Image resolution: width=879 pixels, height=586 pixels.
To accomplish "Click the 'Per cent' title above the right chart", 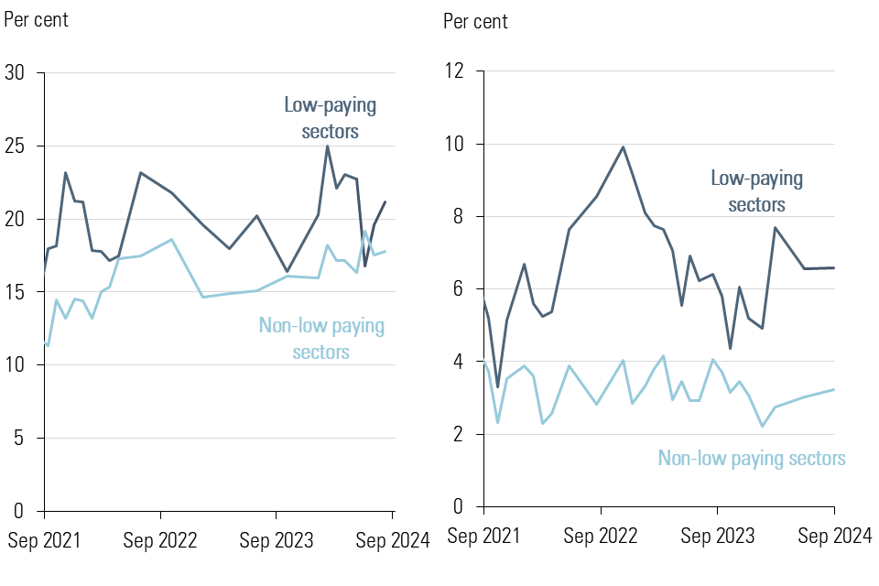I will click(x=475, y=21).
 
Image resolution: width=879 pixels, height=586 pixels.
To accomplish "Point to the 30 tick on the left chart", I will click(x=16, y=73).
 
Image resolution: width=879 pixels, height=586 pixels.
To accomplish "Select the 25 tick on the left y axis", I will click(x=16, y=146).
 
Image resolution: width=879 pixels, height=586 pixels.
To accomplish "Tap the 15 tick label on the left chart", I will click(x=16, y=292).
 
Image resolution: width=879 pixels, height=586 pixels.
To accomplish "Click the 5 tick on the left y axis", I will click(x=22, y=438).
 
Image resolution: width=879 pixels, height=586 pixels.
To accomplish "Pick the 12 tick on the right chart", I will click(x=455, y=72).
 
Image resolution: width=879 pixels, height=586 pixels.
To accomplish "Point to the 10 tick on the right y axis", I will click(x=455, y=145).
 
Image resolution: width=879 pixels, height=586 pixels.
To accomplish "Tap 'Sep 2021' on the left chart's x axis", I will click(x=44, y=541).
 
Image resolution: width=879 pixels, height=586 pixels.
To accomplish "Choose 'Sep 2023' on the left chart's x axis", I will click(x=277, y=541).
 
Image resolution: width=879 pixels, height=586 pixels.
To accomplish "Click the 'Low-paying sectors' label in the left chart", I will click(x=330, y=118).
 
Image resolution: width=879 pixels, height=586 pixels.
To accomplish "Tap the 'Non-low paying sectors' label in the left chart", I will click(x=321, y=338).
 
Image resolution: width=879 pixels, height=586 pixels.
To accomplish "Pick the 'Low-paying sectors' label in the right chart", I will click(x=756, y=191).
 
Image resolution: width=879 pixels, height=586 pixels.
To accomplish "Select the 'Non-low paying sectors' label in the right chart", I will click(x=752, y=459).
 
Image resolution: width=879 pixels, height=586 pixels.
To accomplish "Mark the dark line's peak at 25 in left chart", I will click(x=327, y=146).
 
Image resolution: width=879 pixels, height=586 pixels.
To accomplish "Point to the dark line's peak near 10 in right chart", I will click(x=623, y=146).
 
